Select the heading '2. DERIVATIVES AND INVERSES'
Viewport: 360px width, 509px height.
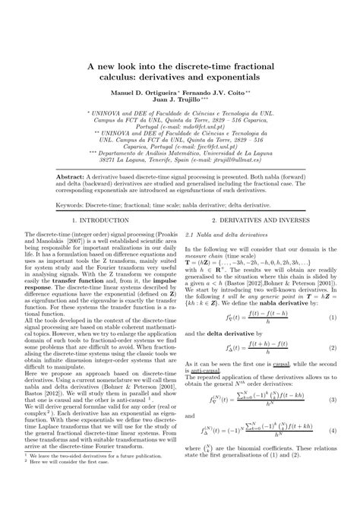[x=264, y=241]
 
